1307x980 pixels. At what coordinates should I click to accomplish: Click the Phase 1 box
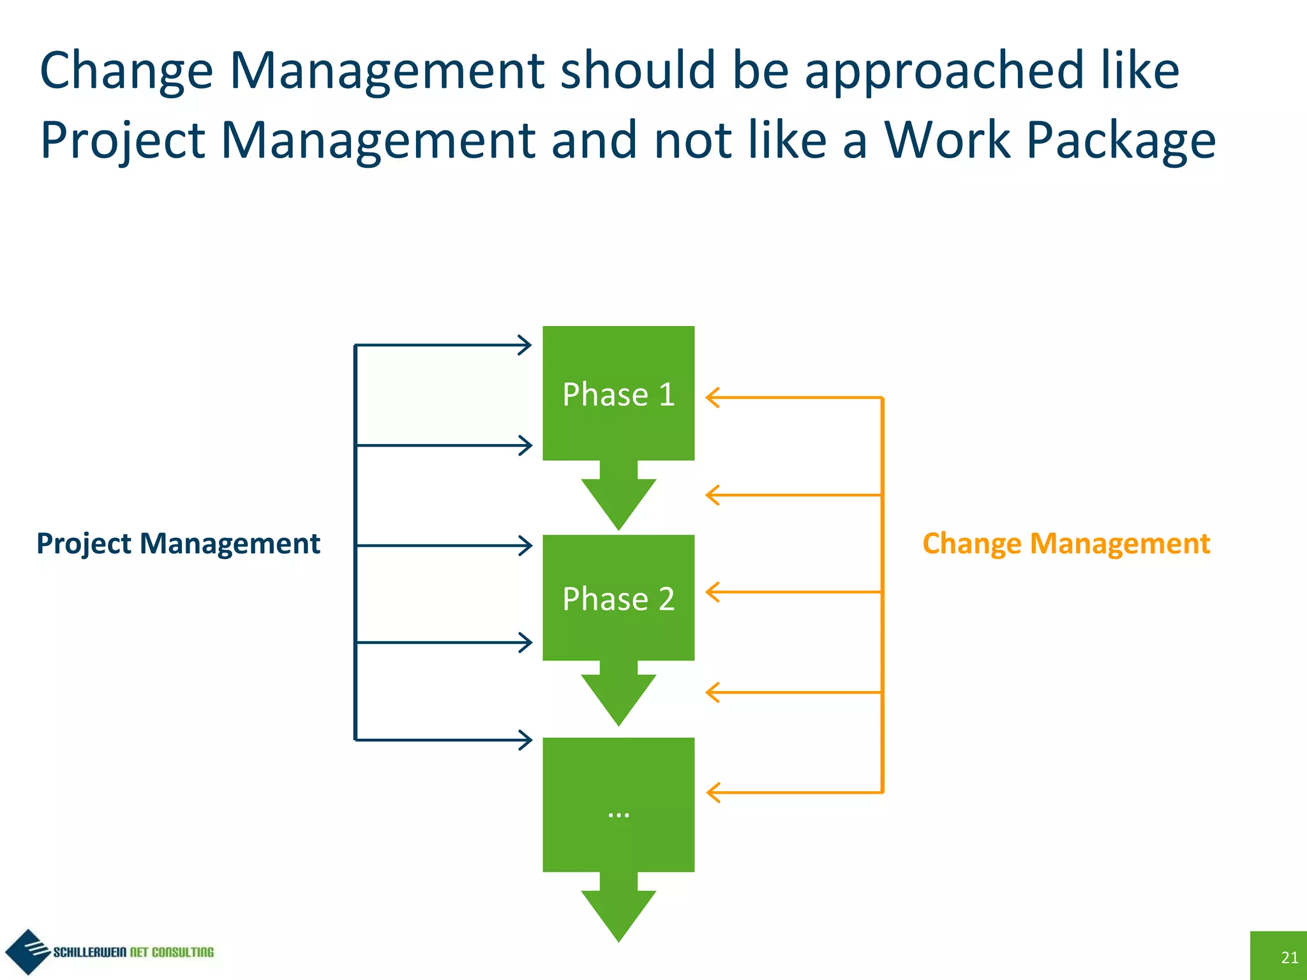pyautogui.click(x=618, y=393)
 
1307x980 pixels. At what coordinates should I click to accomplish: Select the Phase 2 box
pyautogui.click(x=618, y=598)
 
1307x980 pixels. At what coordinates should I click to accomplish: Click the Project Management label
pyautogui.click(x=178, y=544)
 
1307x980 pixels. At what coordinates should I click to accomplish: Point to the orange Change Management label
pyautogui.click(x=1066, y=544)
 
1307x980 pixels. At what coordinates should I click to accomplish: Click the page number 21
pyautogui.click(x=1289, y=957)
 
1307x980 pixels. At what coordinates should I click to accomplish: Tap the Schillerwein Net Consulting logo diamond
pyautogui.click(x=27, y=951)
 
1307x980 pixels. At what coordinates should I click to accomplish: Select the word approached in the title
pyautogui.click(x=944, y=71)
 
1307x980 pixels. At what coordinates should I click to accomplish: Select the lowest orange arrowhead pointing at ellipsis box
pyautogui.click(x=713, y=792)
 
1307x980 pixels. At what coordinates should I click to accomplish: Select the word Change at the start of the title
pyautogui.click(x=126, y=71)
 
